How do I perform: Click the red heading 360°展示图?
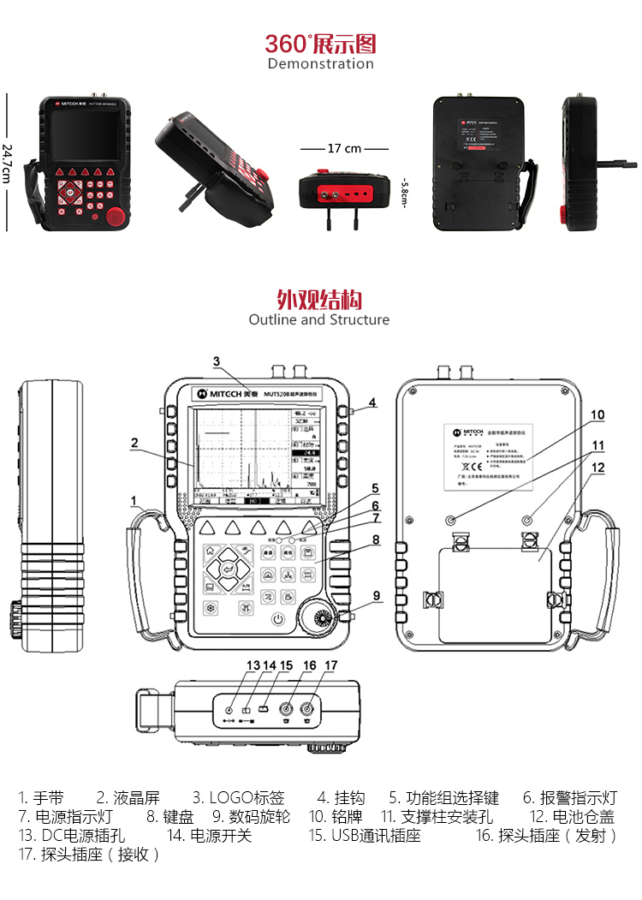pyautogui.click(x=320, y=44)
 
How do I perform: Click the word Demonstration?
pyautogui.click(x=320, y=64)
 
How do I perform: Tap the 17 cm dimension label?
pyautogui.click(x=344, y=148)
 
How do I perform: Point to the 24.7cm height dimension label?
pyautogui.click(x=8, y=162)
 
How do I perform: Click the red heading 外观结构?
pyautogui.click(x=318, y=300)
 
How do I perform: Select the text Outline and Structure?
pyautogui.click(x=318, y=320)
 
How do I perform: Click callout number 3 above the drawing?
pyautogui.click(x=217, y=361)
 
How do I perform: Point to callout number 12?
pyautogui.click(x=597, y=468)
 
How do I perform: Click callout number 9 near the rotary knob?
pyautogui.click(x=376, y=595)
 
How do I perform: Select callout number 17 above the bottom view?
pyautogui.click(x=330, y=665)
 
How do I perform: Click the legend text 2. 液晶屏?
pyautogui.click(x=128, y=797)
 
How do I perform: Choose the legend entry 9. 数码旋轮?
pyautogui.click(x=251, y=817)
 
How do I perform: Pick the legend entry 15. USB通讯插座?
pyautogui.click(x=365, y=836)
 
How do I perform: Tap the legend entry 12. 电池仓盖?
pyautogui.click(x=572, y=817)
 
